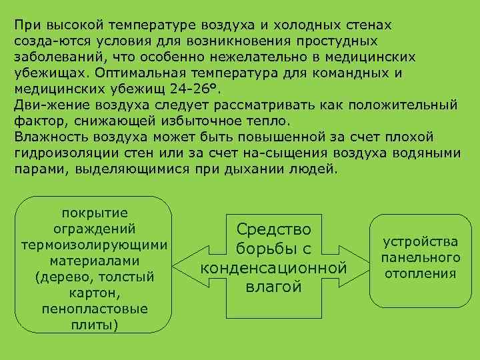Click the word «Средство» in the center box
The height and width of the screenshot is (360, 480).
(273, 230)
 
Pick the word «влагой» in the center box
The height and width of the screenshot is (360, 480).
(273, 287)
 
